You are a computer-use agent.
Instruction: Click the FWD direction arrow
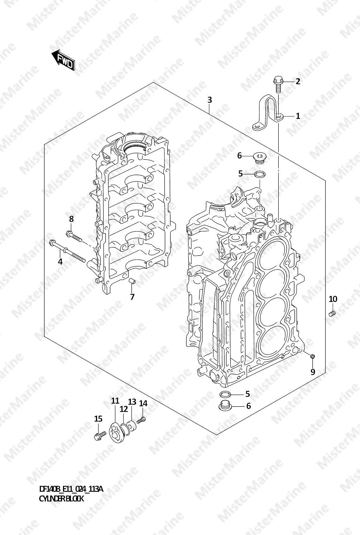[63, 60]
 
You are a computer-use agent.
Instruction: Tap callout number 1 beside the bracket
[298, 116]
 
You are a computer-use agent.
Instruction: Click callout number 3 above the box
[210, 100]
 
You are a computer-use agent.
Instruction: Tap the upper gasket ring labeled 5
[260, 175]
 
